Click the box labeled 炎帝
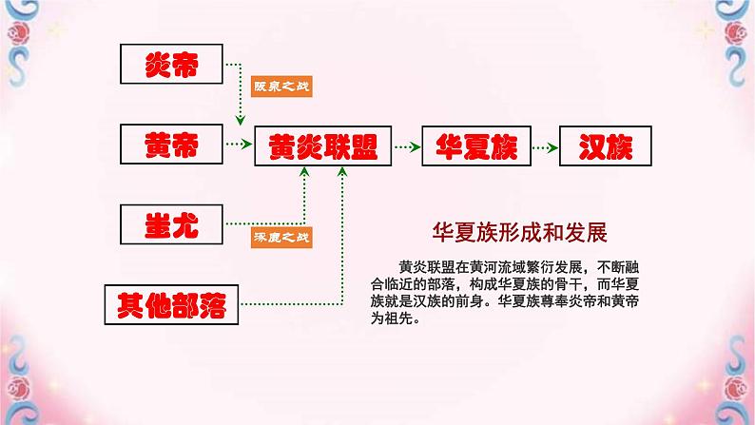pos(171,65)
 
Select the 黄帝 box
pos(171,145)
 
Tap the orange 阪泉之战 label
pos(281,87)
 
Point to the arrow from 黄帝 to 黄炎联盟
pos(235,145)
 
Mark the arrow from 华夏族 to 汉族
pos(544,146)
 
